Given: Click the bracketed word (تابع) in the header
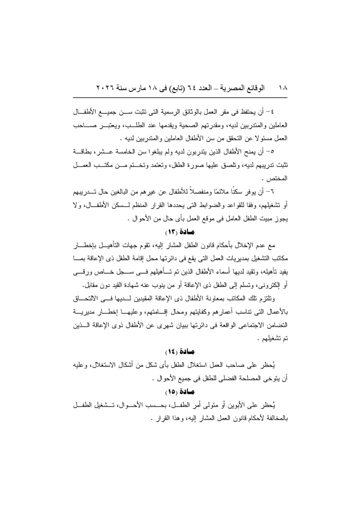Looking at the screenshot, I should click(x=177, y=88).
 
